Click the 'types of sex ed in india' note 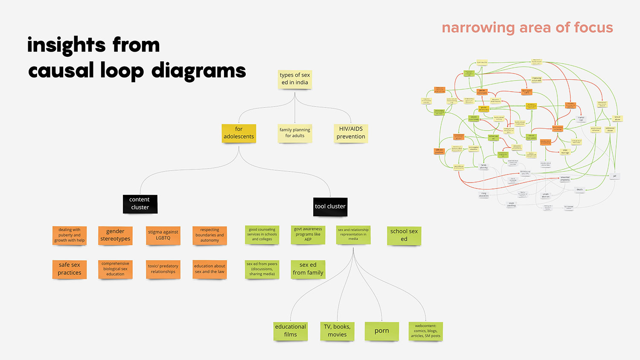pyautogui.click(x=295, y=79)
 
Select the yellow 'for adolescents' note pyautogui.click(x=239, y=133)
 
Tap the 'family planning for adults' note pyautogui.click(x=295, y=133)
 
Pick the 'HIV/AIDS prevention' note pyautogui.click(x=351, y=133)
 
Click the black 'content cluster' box pyautogui.click(x=140, y=203)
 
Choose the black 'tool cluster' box pyautogui.click(x=330, y=206)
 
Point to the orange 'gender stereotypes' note pyautogui.click(x=115, y=235)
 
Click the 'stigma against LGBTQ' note pyautogui.click(x=163, y=235)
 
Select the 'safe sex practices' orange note pyautogui.click(x=70, y=269)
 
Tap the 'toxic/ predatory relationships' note pyautogui.click(x=163, y=269)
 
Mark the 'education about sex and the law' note pyautogui.click(x=209, y=269)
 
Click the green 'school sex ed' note pyautogui.click(x=404, y=235)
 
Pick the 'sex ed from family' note pyautogui.click(x=308, y=269)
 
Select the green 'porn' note pyautogui.click(x=382, y=331)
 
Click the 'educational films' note pyautogui.click(x=291, y=331)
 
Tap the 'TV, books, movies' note pyautogui.click(x=337, y=331)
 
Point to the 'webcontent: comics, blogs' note pyautogui.click(x=425, y=331)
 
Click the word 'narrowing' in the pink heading pyautogui.click(x=478, y=28)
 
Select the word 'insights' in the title pyautogui.click(x=67, y=45)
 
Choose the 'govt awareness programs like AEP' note pyautogui.click(x=308, y=234)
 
